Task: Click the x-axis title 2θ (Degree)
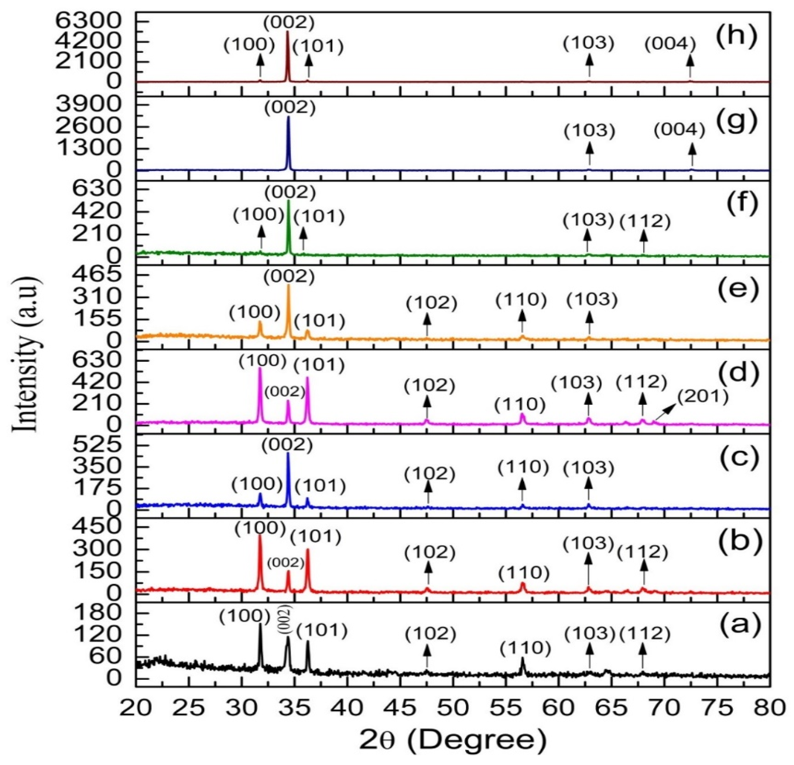(452, 740)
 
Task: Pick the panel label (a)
(732, 625)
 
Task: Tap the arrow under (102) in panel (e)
(426, 324)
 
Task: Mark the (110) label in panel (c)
(523, 467)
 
